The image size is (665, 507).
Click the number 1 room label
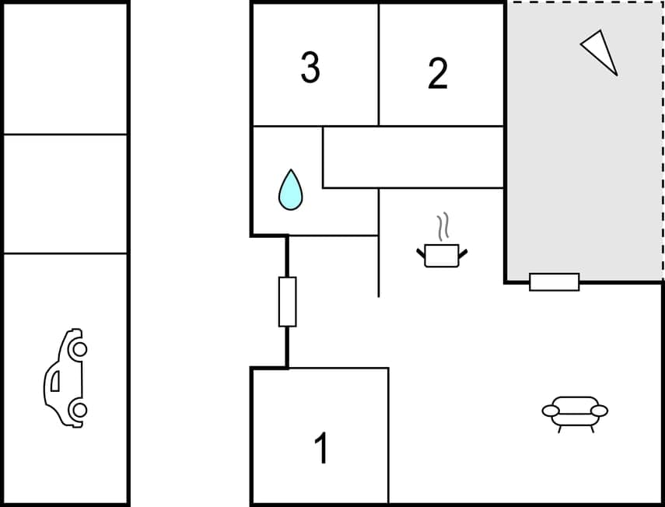click(x=320, y=449)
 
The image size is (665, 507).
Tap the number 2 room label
click(x=438, y=74)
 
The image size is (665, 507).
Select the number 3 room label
click(x=310, y=68)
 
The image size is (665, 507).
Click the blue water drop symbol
click(x=290, y=190)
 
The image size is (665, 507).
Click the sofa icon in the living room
click(x=575, y=413)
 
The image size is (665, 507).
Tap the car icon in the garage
click(x=65, y=378)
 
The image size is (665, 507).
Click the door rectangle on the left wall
click(x=287, y=301)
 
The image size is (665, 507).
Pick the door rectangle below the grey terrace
click(x=554, y=282)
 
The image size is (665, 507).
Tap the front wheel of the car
click(x=78, y=349)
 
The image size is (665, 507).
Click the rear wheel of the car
click(x=78, y=409)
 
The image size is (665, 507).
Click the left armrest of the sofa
click(x=551, y=411)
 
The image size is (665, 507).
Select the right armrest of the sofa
click(x=600, y=411)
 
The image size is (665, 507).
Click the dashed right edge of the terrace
click(x=663, y=140)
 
